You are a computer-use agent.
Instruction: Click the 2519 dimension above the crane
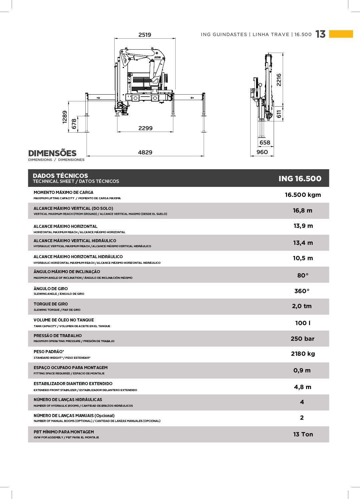(x=145, y=35)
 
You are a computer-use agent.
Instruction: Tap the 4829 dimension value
(x=145, y=153)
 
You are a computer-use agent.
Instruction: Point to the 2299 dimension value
(x=145, y=128)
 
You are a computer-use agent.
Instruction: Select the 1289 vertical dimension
(x=65, y=117)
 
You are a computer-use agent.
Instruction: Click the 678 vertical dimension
(x=74, y=124)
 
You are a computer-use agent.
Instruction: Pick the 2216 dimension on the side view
(x=279, y=80)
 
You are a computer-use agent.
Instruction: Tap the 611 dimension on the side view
(x=279, y=114)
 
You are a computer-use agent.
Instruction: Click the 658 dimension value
(x=265, y=143)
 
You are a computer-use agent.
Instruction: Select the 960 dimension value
(x=262, y=152)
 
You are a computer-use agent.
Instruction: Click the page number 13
(x=320, y=34)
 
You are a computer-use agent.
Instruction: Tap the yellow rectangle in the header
(x=341, y=34)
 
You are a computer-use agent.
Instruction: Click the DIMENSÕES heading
(x=52, y=153)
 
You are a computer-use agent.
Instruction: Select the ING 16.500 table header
(x=300, y=179)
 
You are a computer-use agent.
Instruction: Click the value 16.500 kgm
(x=303, y=195)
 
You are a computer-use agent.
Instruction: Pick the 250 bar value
(x=302, y=339)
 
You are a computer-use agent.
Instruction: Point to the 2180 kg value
(x=303, y=354)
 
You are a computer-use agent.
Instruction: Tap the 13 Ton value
(x=303, y=434)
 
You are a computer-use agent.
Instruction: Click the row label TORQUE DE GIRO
(x=51, y=304)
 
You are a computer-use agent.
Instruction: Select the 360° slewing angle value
(x=302, y=291)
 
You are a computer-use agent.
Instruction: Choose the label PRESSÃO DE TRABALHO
(x=58, y=336)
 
